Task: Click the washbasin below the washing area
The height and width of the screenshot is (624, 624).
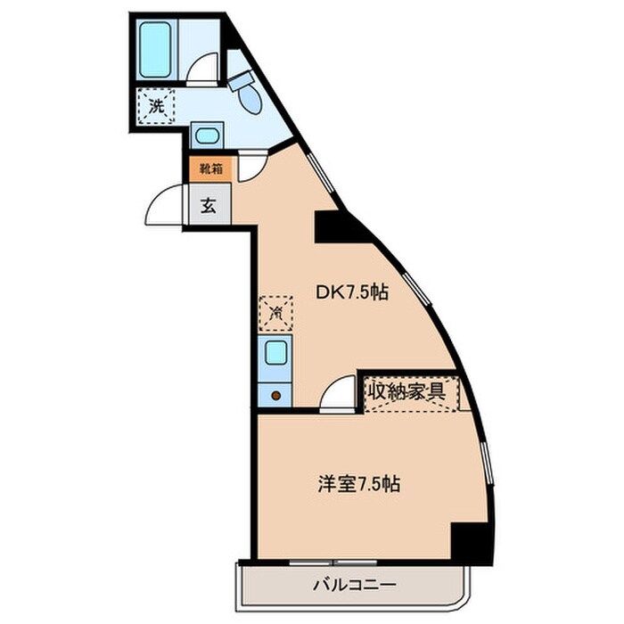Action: coord(208,136)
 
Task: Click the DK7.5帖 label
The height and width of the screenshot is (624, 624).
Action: coord(353,291)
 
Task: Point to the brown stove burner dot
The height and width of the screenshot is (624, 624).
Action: coord(275,395)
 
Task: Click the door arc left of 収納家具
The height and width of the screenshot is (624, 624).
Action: coord(339,394)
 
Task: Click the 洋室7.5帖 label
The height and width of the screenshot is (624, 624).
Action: coord(358,485)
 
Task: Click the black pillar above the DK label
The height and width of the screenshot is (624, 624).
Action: coord(338,227)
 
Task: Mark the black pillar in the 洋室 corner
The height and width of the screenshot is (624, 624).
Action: coord(470,541)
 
